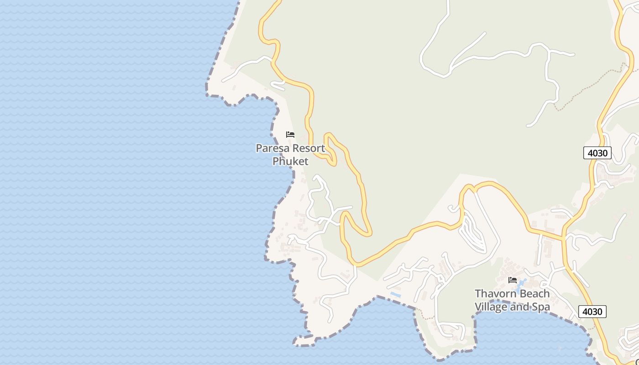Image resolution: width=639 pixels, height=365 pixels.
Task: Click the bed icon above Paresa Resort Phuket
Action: click(290, 135)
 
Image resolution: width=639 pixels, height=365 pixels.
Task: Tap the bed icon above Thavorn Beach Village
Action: click(513, 280)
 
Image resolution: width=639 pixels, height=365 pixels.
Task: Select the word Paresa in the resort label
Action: click(272, 148)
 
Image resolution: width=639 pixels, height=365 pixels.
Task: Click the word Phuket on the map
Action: click(290, 161)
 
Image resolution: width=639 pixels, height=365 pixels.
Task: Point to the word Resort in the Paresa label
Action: click(309, 148)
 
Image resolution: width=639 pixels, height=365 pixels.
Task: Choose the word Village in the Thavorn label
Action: click(491, 307)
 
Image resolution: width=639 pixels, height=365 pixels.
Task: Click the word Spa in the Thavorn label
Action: click(541, 307)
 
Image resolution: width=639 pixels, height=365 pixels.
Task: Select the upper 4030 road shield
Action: click(597, 153)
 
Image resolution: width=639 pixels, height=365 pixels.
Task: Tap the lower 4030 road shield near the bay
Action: click(592, 312)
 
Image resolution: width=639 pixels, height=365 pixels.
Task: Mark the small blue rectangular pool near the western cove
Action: click(395, 295)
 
